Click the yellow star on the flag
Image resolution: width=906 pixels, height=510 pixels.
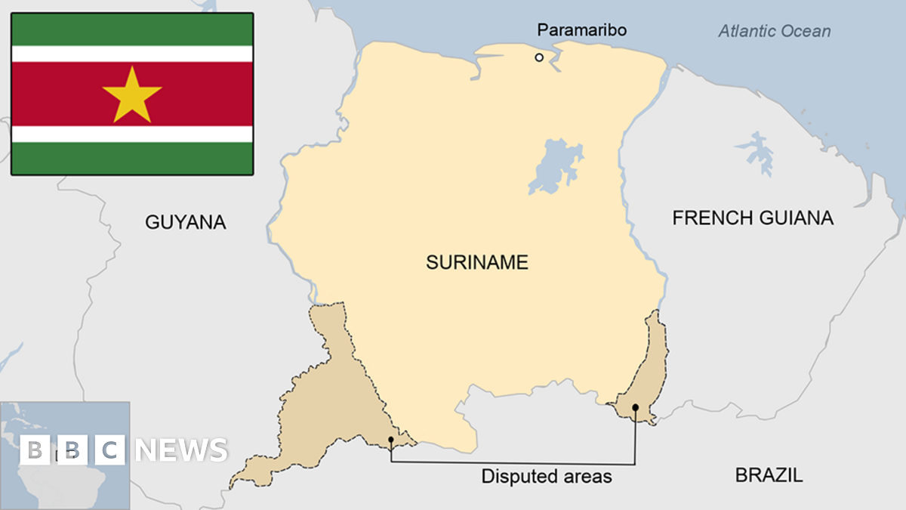click(x=132, y=95)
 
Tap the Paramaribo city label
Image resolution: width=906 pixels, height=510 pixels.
click(x=581, y=30)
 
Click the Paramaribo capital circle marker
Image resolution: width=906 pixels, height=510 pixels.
click(x=539, y=57)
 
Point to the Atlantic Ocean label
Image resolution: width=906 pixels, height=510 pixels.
click(x=774, y=32)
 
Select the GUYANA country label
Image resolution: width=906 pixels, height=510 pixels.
click(x=186, y=222)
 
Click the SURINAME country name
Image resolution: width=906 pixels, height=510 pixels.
click(x=477, y=263)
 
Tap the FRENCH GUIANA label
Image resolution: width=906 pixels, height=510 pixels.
click(x=753, y=218)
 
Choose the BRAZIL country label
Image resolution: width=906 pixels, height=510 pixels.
click(x=769, y=475)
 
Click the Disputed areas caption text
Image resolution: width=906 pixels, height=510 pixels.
click(x=547, y=477)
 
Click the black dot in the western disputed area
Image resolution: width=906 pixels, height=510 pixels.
click(x=390, y=439)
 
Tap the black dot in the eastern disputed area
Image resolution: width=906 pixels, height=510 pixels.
click(x=635, y=407)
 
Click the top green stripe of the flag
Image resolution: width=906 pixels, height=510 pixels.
click(x=132, y=29)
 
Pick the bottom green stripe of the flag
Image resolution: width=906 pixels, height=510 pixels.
click(x=132, y=159)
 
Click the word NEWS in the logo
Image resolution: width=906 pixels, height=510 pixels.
click(x=181, y=450)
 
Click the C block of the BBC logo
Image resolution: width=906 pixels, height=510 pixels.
click(x=110, y=450)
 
